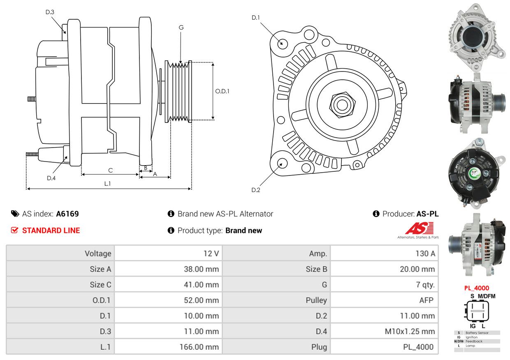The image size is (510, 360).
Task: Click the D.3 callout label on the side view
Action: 50,12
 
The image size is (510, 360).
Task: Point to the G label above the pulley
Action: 181,28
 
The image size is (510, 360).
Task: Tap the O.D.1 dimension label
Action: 222,91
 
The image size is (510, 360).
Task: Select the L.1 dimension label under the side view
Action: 107,184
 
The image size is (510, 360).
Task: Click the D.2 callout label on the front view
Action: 256,190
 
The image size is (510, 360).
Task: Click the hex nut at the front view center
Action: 342,105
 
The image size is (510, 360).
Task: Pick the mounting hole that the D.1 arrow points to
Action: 282,43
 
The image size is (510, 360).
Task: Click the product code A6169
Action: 67,214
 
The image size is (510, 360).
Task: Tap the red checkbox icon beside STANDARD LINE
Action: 14,230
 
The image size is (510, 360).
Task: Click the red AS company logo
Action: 420,228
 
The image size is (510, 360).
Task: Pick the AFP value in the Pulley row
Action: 426,300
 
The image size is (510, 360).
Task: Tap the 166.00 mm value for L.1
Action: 199,347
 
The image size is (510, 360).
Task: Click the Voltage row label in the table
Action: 98,254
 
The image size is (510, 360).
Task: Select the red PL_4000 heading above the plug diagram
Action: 477,288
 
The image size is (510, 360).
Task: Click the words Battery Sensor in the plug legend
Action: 477,333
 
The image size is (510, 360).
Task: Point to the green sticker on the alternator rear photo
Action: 474,173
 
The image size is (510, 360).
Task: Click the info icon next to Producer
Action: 376,214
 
